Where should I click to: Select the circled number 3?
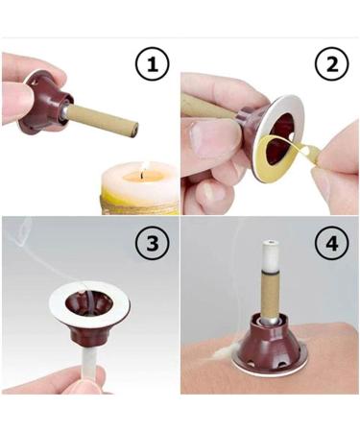point(155,245)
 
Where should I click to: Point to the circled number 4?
point(329,246)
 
